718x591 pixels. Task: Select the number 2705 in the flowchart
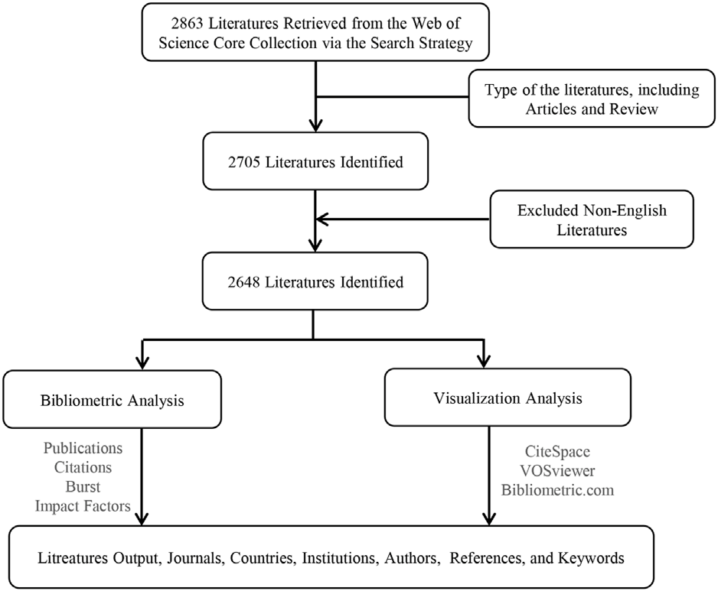coord(244,162)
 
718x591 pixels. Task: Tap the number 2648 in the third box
coord(244,282)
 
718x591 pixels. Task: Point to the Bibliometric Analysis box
coord(113,399)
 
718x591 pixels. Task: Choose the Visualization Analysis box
coord(507,397)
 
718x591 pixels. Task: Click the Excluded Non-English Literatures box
coord(592,219)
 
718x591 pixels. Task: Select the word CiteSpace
coord(557,452)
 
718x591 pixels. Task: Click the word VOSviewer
coord(557,471)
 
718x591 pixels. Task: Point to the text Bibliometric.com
coord(557,490)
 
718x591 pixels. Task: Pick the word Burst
coord(83,487)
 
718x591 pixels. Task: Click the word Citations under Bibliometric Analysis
coord(83,467)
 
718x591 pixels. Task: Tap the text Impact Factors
coord(83,506)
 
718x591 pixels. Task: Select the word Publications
coord(83,448)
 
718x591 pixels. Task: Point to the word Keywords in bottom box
coord(591,558)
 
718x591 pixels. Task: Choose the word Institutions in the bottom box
coord(340,558)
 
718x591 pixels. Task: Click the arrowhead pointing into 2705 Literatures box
coord(315,125)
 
